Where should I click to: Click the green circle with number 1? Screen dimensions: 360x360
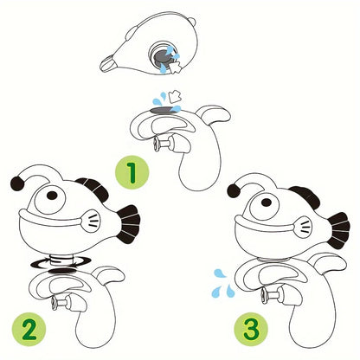point(131,172)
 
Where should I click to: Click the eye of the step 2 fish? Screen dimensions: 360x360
point(53,198)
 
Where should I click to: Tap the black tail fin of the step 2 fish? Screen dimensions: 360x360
point(129,223)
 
